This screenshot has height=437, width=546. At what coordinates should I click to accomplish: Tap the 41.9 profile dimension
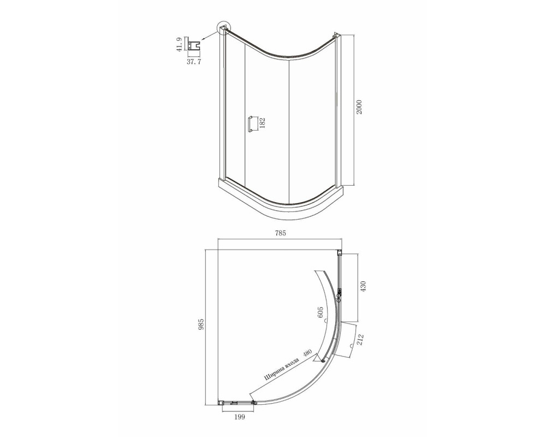179,45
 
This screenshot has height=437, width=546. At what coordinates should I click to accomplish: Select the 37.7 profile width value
194,62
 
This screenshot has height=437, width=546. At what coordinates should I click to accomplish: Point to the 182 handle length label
263,123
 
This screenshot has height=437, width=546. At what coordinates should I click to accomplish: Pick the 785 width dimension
280,233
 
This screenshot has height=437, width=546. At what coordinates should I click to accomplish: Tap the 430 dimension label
364,286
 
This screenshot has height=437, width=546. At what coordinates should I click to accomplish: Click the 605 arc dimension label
321,313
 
